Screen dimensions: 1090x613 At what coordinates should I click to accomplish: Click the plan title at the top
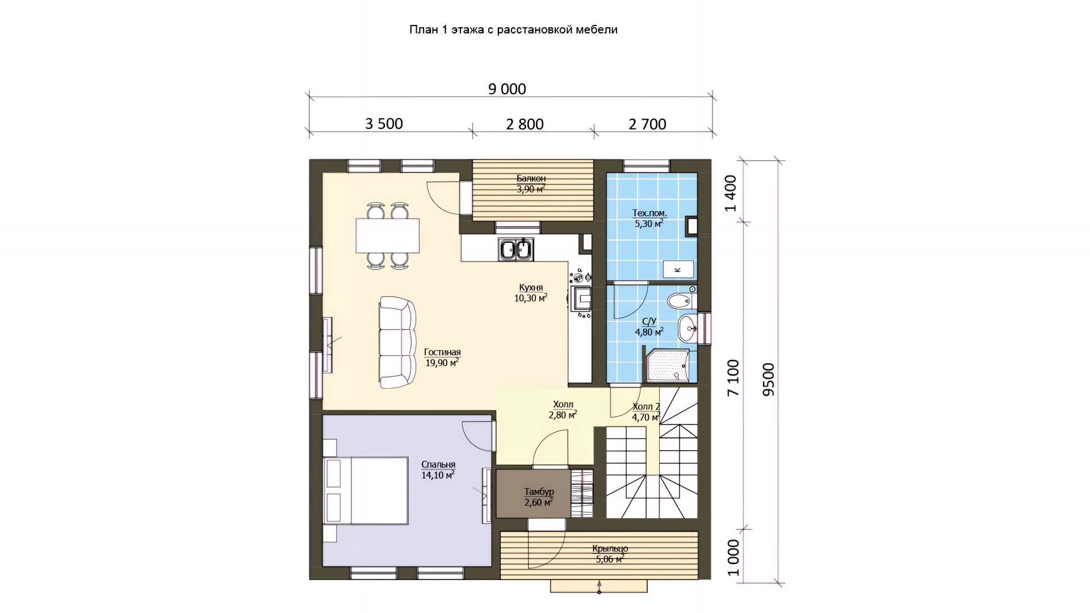[513, 30]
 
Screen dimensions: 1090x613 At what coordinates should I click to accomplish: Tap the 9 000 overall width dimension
[507, 89]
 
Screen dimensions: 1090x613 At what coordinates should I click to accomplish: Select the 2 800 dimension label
[525, 124]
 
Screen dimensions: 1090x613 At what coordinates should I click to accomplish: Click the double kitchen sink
[516, 249]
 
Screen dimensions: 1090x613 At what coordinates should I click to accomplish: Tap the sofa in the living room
[397, 342]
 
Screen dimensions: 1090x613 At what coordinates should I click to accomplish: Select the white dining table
[388, 236]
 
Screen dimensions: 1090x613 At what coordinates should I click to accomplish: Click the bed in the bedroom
[366, 490]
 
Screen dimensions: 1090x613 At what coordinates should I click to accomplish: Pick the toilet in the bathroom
[681, 300]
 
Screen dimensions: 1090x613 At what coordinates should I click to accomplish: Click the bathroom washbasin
[688, 328]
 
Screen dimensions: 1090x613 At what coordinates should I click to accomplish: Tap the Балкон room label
[531, 179]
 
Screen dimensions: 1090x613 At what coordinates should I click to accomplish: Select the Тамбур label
[539, 492]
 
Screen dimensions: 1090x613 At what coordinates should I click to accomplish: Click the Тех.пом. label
[650, 213]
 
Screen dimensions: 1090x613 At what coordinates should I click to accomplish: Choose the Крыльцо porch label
[610, 549]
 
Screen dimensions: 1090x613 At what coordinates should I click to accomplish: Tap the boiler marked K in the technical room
[678, 269]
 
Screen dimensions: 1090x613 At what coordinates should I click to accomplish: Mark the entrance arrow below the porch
[599, 587]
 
